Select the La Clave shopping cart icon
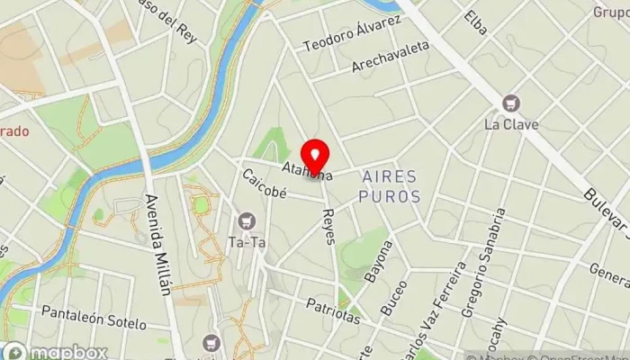511,103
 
